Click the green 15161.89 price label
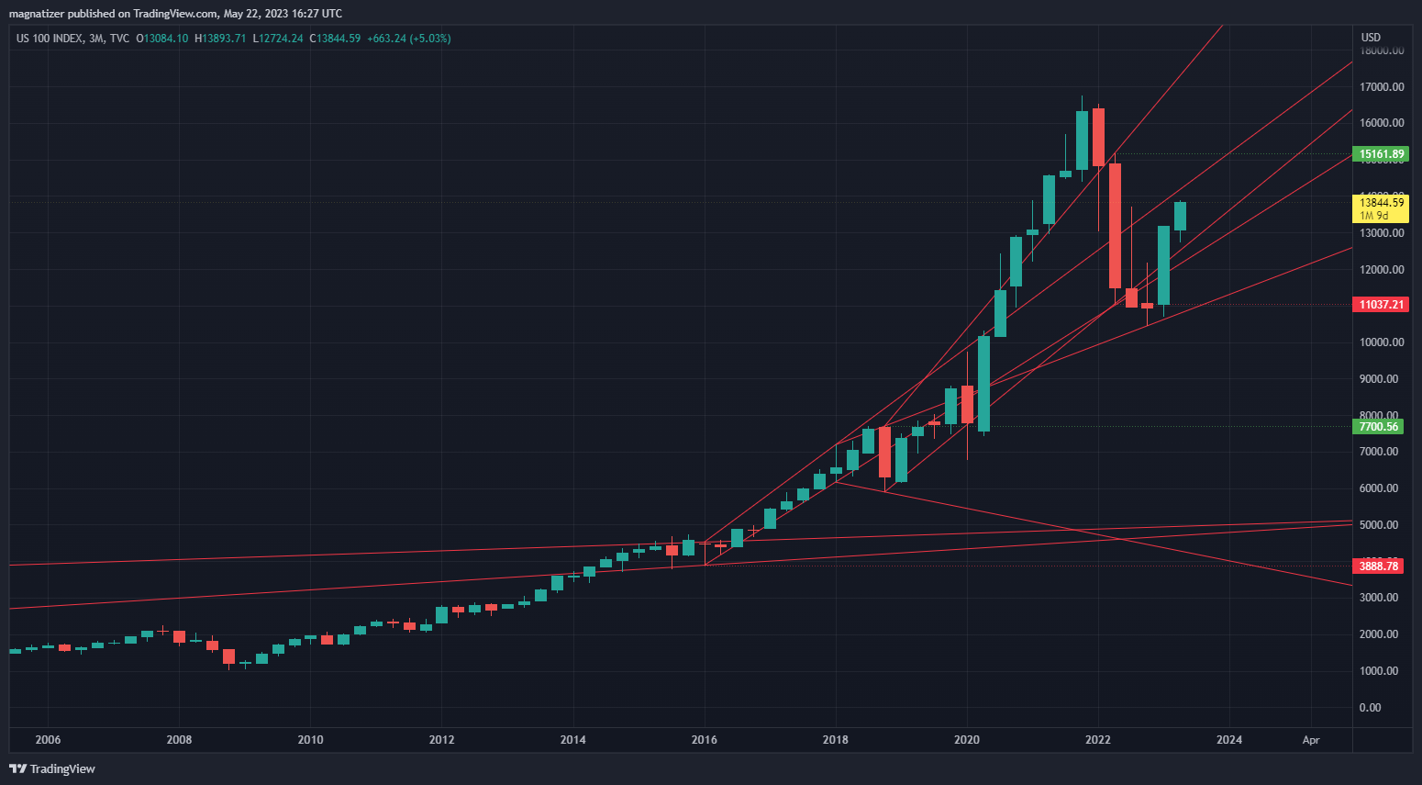tap(1381, 154)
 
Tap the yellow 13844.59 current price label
tap(1381, 208)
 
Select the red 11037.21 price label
tap(1381, 305)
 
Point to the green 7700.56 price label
tap(1379, 427)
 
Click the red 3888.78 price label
tap(1379, 566)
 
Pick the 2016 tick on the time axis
tap(705, 740)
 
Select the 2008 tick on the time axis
tap(179, 740)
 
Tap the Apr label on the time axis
tap(1311, 740)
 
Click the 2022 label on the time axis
tap(1098, 740)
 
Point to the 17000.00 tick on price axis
tap(1382, 87)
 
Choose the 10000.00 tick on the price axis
tap(1382, 342)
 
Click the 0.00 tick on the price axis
tap(1371, 708)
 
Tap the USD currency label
tap(1371, 38)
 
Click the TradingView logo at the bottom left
tap(52, 768)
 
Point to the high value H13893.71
tap(220, 39)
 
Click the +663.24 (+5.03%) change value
tap(408, 39)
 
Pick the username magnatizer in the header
tap(36, 14)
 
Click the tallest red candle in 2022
tap(1115, 226)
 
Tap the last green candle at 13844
tap(1181, 217)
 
